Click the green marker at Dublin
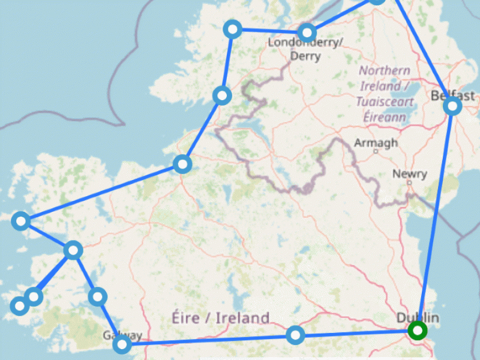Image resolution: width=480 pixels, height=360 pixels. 416,331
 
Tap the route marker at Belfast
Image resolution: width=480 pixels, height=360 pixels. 453,106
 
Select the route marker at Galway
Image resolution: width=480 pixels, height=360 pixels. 122,344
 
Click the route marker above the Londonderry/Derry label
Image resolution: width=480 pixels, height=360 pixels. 307,32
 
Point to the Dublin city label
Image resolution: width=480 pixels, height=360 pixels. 418,317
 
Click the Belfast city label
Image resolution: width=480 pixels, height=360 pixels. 452,95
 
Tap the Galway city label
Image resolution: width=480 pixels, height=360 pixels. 122,335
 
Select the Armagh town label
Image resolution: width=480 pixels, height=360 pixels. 376,143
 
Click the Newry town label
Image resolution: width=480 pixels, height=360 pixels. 410,174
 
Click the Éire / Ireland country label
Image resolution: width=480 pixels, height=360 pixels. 220,317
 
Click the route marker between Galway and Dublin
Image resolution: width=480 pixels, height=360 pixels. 295,334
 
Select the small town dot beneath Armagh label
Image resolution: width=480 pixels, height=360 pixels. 376,152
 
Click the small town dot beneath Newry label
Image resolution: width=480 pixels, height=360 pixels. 409,182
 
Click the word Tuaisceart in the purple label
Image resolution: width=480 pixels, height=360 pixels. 385,102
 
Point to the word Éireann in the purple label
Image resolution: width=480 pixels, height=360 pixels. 385,117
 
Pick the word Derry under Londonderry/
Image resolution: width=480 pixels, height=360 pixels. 305,56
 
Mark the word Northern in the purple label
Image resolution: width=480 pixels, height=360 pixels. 380,71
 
